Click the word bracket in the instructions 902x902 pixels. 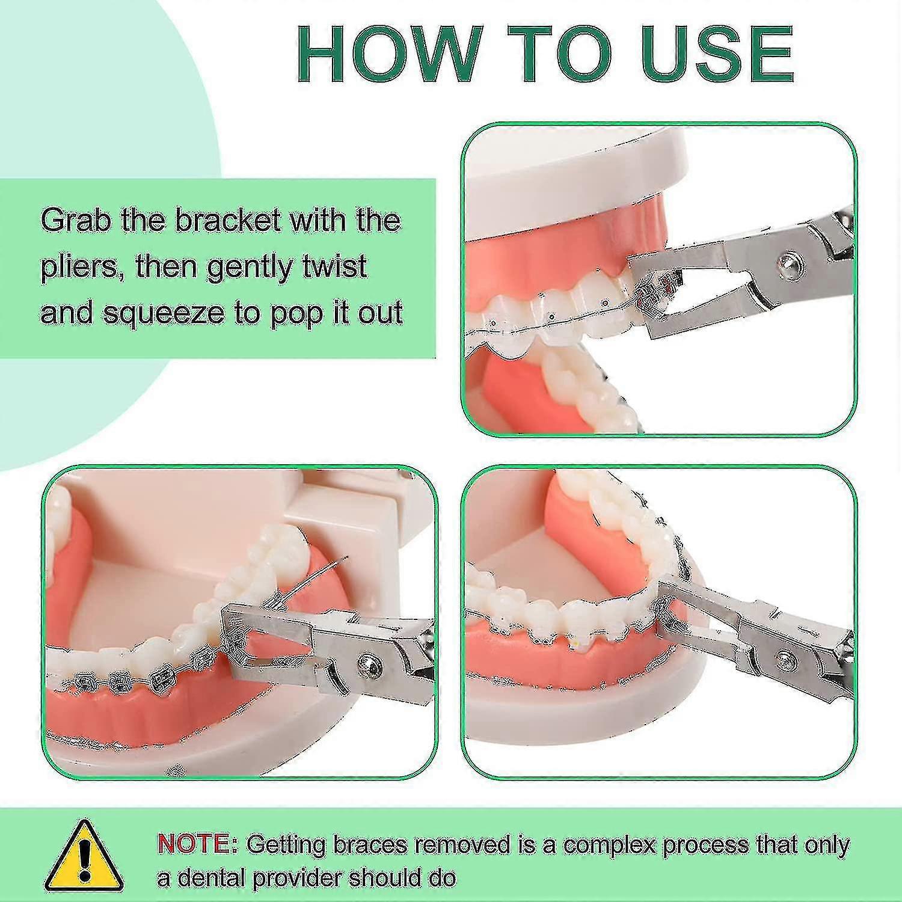tap(228, 221)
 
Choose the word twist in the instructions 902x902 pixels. tap(337, 266)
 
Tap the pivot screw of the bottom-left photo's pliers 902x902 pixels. tap(367, 663)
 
